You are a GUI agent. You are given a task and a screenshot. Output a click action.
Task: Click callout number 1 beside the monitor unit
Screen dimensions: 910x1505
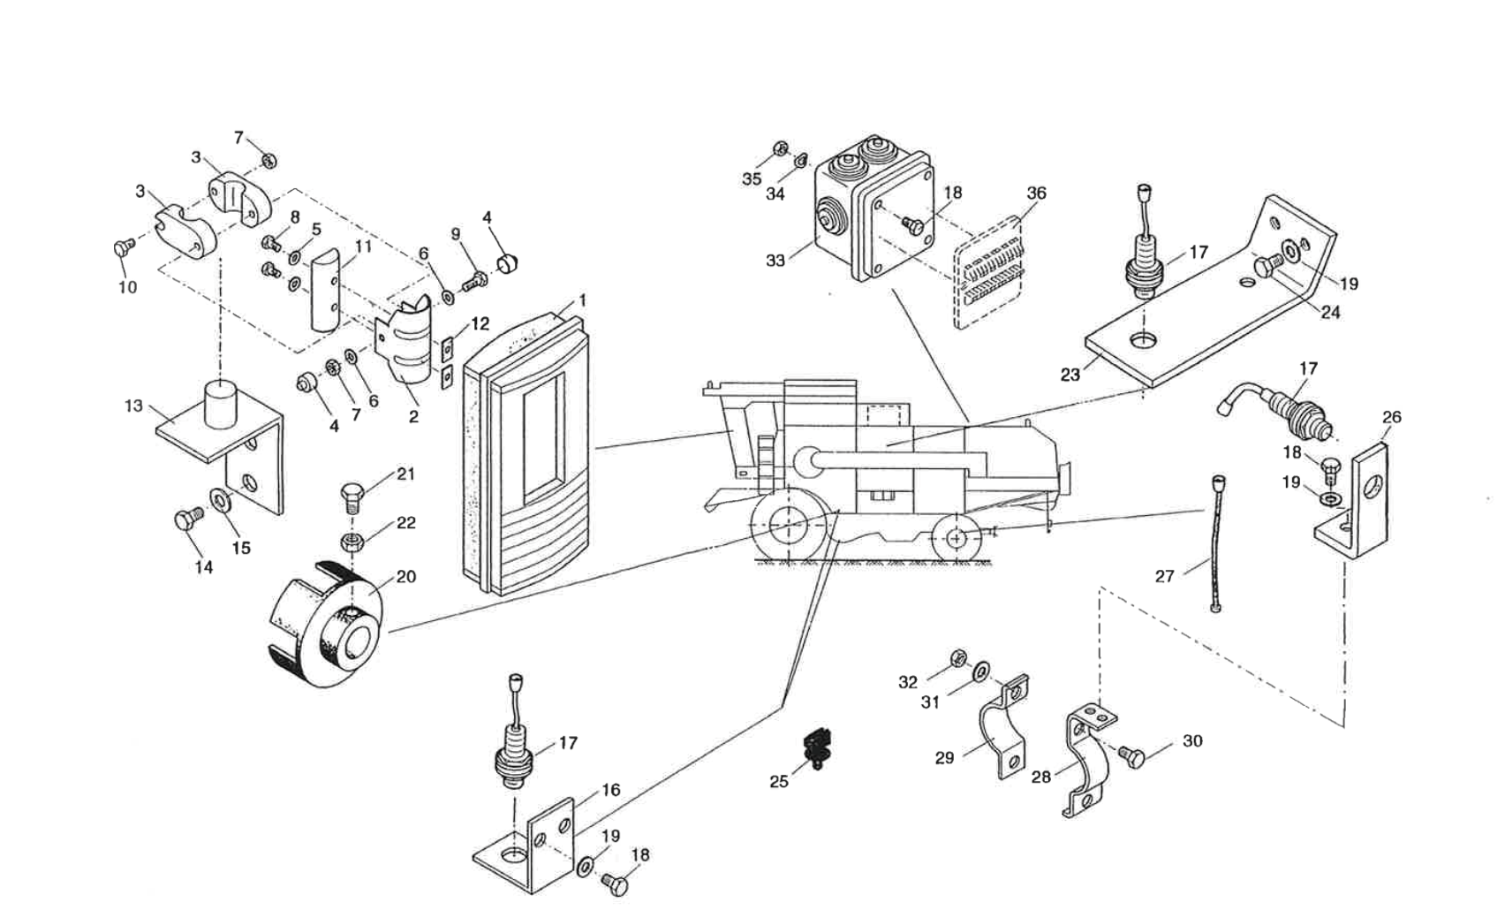tap(582, 301)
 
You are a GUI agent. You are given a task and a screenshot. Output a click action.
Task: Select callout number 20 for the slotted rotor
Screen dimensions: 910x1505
tap(405, 577)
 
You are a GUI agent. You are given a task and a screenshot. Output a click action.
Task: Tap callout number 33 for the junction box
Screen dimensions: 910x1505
tap(775, 261)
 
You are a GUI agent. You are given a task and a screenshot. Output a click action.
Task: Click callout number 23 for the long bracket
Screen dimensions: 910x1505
tap(1070, 375)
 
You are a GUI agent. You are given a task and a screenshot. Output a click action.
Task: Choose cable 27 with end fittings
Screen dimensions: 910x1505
tap(1216, 543)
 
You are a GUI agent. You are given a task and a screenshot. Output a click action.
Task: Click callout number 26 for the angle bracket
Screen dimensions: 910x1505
tap(1391, 417)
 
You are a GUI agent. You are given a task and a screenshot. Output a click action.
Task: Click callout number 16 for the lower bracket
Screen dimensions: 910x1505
tap(610, 791)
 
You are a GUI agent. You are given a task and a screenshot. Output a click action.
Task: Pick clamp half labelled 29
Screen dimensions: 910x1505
tap(1004, 729)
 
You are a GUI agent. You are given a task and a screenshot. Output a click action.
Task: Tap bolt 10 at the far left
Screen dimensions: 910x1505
tap(123, 248)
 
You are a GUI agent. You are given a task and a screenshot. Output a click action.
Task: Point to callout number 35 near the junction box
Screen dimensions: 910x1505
tap(751, 179)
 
